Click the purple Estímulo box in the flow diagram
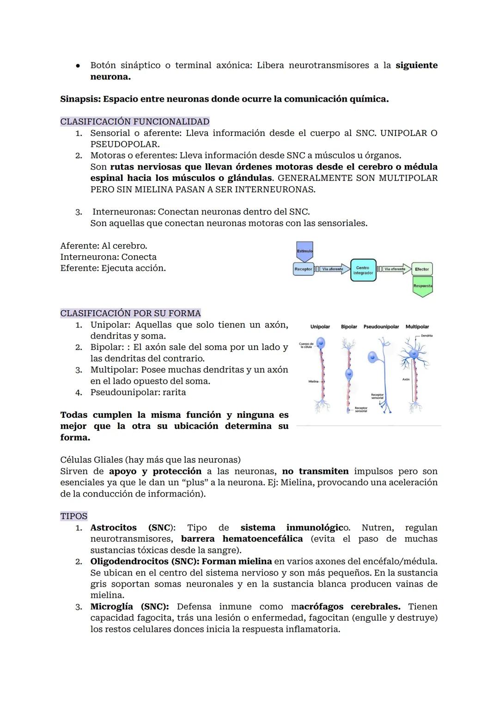[304, 250]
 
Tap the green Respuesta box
[422, 286]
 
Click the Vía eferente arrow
[396, 269]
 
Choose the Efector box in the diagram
[422, 269]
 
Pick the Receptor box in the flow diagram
[303, 269]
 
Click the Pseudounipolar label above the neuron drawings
[381, 327]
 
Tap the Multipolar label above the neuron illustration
[417, 327]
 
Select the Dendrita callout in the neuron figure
[426, 336]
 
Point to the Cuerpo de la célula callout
[306, 345]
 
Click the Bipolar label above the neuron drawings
[349, 327]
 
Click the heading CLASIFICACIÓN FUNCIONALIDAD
[134, 122]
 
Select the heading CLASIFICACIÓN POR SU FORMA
[130, 313]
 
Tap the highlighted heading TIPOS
[73, 516]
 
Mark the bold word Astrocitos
[113, 527]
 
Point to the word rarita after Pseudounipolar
[174, 392]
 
